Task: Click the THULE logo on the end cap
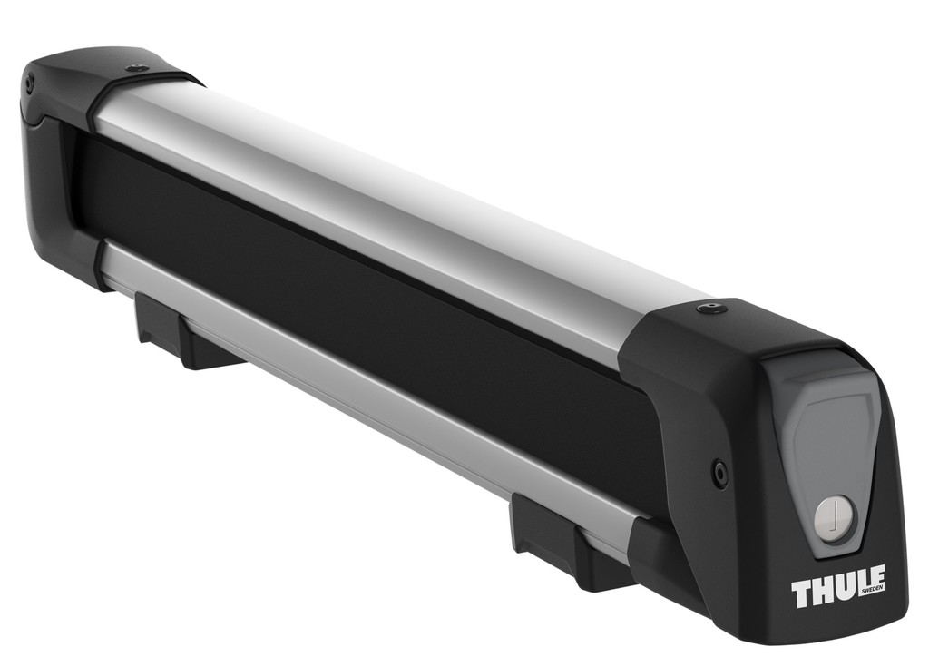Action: (838, 586)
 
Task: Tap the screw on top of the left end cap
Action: (137, 69)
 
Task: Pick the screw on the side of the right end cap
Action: (719, 472)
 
